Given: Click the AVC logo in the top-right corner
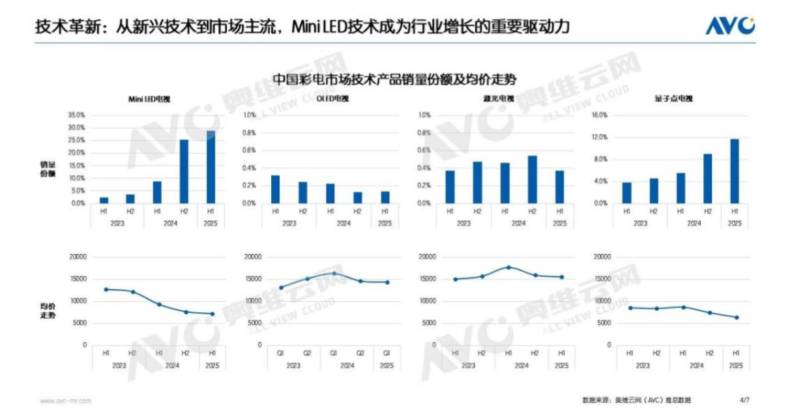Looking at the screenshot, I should pyautogui.click(x=730, y=26).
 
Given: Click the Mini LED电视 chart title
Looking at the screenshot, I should pyautogui.click(x=153, y=99).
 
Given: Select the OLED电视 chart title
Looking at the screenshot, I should pyautogui.click(x=332, y=99).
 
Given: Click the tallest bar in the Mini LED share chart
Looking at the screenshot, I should pyautogui.click(x=211, y=167).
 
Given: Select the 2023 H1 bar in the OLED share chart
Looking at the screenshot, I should pyautogui.click(x=275, y=189).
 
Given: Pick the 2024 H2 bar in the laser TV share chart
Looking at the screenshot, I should pyautogui.click(x=533, y=179).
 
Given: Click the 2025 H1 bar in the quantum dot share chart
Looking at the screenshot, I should pyautogui.click(x=735, y=171).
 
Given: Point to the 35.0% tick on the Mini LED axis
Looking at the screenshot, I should pyautogui.click(x=77, y=115).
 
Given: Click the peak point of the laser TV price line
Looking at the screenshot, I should pyautogui.click(x=508, y=267).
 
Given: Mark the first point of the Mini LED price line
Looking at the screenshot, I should pyautogui.click(x=106, y=289).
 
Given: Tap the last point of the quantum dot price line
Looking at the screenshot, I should pyautogui.click(x=737, y=317).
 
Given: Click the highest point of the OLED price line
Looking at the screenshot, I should pyautogui.click(x=334, y=273).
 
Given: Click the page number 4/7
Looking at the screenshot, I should pyautogui.click(x=744, y=399).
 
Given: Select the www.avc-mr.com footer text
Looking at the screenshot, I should pyautogui.click(x=65, y=400).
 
